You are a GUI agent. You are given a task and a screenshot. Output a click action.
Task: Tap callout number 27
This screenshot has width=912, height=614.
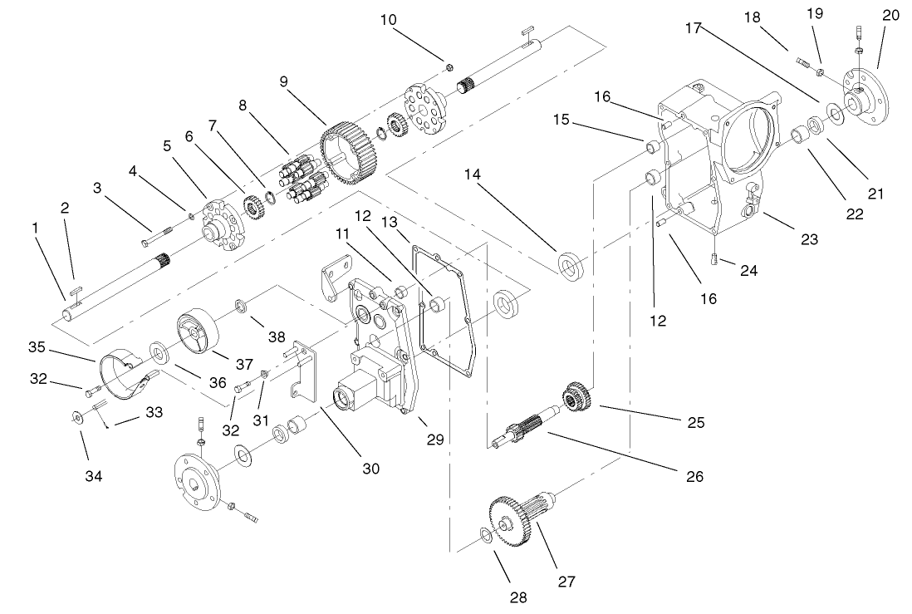566,581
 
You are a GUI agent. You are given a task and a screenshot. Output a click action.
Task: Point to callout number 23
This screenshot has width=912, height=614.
808,239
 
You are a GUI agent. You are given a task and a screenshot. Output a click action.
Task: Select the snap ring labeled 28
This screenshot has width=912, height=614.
487,535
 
